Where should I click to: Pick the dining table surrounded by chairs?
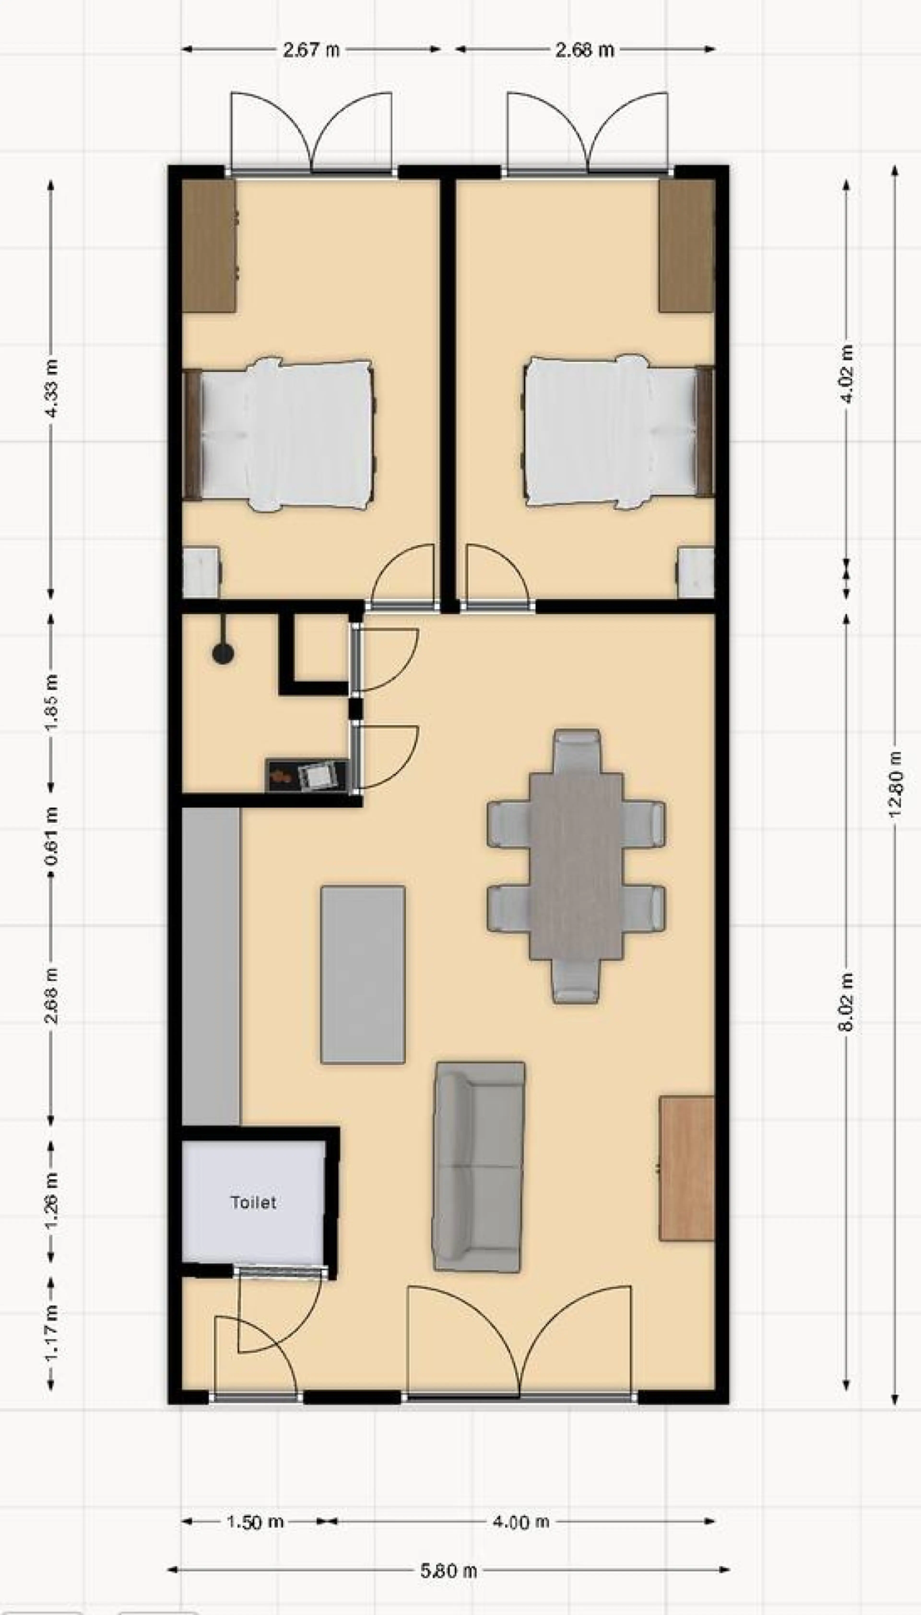coord(576,866)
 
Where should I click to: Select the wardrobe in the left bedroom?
coord(209,246)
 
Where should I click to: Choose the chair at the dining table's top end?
coord(576,752)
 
